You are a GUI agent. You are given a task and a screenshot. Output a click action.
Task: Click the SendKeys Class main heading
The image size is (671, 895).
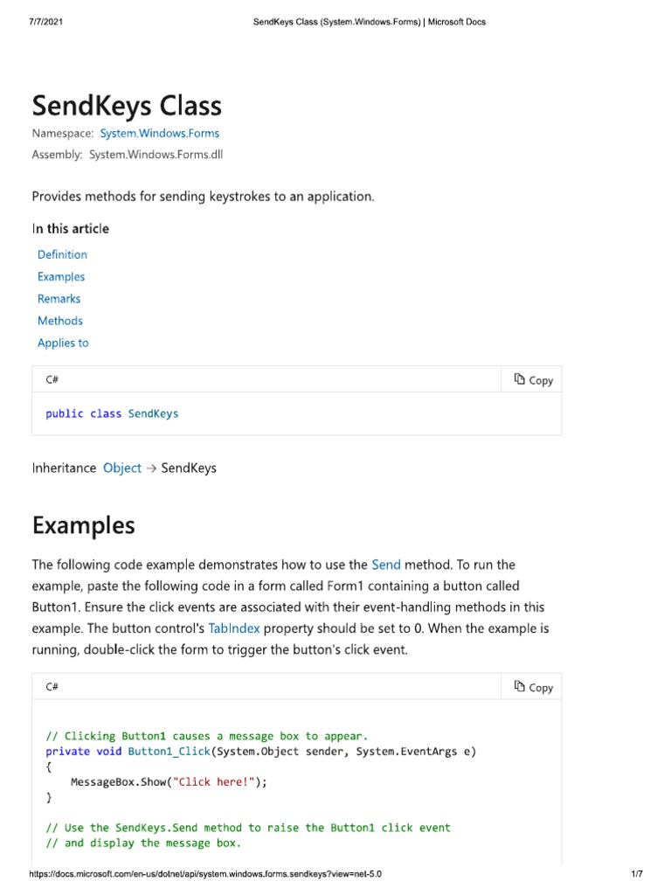(127, 107)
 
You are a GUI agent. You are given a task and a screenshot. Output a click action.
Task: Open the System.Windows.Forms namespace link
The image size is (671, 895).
(160, 134)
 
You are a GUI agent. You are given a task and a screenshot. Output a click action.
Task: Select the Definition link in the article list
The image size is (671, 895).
(62, 254)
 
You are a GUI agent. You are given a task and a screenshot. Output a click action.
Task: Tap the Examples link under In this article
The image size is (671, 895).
(61, 276)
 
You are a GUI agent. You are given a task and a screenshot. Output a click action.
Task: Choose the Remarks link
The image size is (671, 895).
(59, 299)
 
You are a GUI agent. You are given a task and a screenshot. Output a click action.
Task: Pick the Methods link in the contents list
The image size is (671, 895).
(60, 321)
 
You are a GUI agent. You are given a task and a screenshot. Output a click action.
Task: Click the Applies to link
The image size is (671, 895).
(63, 343)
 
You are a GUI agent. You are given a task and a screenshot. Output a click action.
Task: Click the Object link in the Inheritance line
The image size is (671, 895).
(121, 468)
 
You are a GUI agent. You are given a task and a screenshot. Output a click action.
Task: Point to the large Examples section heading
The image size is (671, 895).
(84, 525)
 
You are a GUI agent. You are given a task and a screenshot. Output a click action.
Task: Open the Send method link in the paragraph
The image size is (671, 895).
(385, 565)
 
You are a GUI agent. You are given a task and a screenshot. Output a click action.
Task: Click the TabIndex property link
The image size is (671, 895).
(234, 628)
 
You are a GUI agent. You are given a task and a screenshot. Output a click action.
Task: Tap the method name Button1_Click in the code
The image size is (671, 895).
(169, 752)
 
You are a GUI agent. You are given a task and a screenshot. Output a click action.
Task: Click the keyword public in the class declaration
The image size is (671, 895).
(65, 413)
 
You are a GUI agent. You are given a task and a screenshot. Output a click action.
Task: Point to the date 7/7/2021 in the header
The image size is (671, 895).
(46, 22)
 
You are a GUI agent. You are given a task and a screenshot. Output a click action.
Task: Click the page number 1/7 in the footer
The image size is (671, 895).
(636, 874)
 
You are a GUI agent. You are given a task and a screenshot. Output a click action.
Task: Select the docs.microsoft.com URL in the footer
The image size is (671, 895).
(205, 874)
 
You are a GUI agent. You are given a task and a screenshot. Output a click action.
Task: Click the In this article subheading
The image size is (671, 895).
(71, 229)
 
